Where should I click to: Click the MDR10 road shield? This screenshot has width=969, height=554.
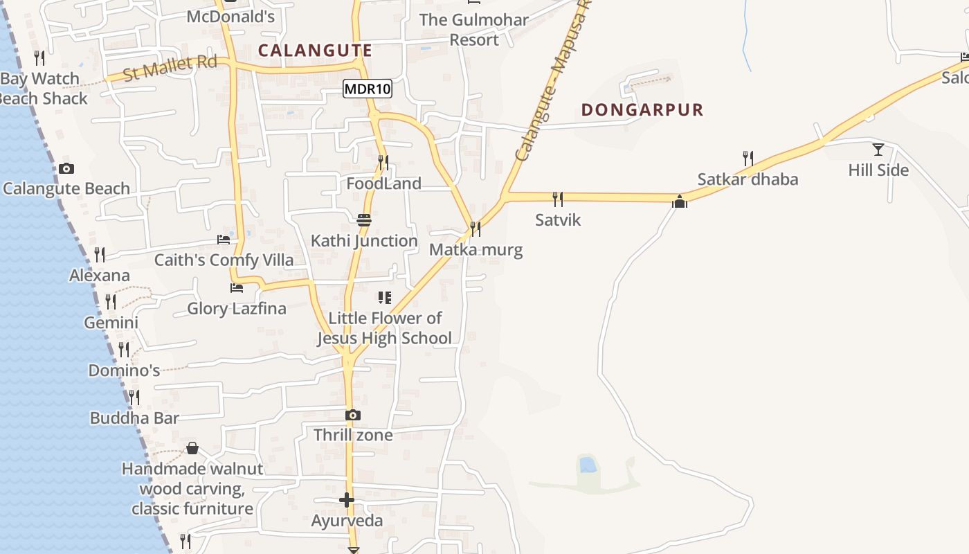click(368, 89)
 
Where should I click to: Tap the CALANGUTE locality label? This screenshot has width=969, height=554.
click(315, 50)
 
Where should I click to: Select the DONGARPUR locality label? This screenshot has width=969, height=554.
click(642, 109)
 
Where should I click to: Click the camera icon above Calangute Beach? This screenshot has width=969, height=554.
click(66, 168)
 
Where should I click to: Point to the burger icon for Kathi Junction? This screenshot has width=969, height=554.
click(364, 220)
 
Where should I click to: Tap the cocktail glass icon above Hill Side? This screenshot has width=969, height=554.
click(878, 149)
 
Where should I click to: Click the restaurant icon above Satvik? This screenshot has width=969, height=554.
click(558, 199)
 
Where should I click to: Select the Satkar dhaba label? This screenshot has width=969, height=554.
click(748, 179)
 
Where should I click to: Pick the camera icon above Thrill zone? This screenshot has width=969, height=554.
click(353, 415)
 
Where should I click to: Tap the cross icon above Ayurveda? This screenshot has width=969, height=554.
click(347, 499)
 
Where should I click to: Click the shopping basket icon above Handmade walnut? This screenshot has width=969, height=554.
click(192, 448)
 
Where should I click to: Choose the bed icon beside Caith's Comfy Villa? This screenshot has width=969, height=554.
click(223, 240)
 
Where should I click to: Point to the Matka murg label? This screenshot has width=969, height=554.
click(476, 249)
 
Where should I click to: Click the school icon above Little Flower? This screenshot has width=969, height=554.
click(384, 298)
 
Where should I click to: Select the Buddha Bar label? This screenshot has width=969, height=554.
click(134, 418)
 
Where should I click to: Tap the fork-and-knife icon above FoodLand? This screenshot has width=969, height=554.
click(383, 163)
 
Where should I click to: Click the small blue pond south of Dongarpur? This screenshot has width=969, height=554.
click(588, 465)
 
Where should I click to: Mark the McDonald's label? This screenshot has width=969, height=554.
click(230, 17)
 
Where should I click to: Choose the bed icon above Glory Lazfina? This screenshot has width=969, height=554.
click(237, 287)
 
